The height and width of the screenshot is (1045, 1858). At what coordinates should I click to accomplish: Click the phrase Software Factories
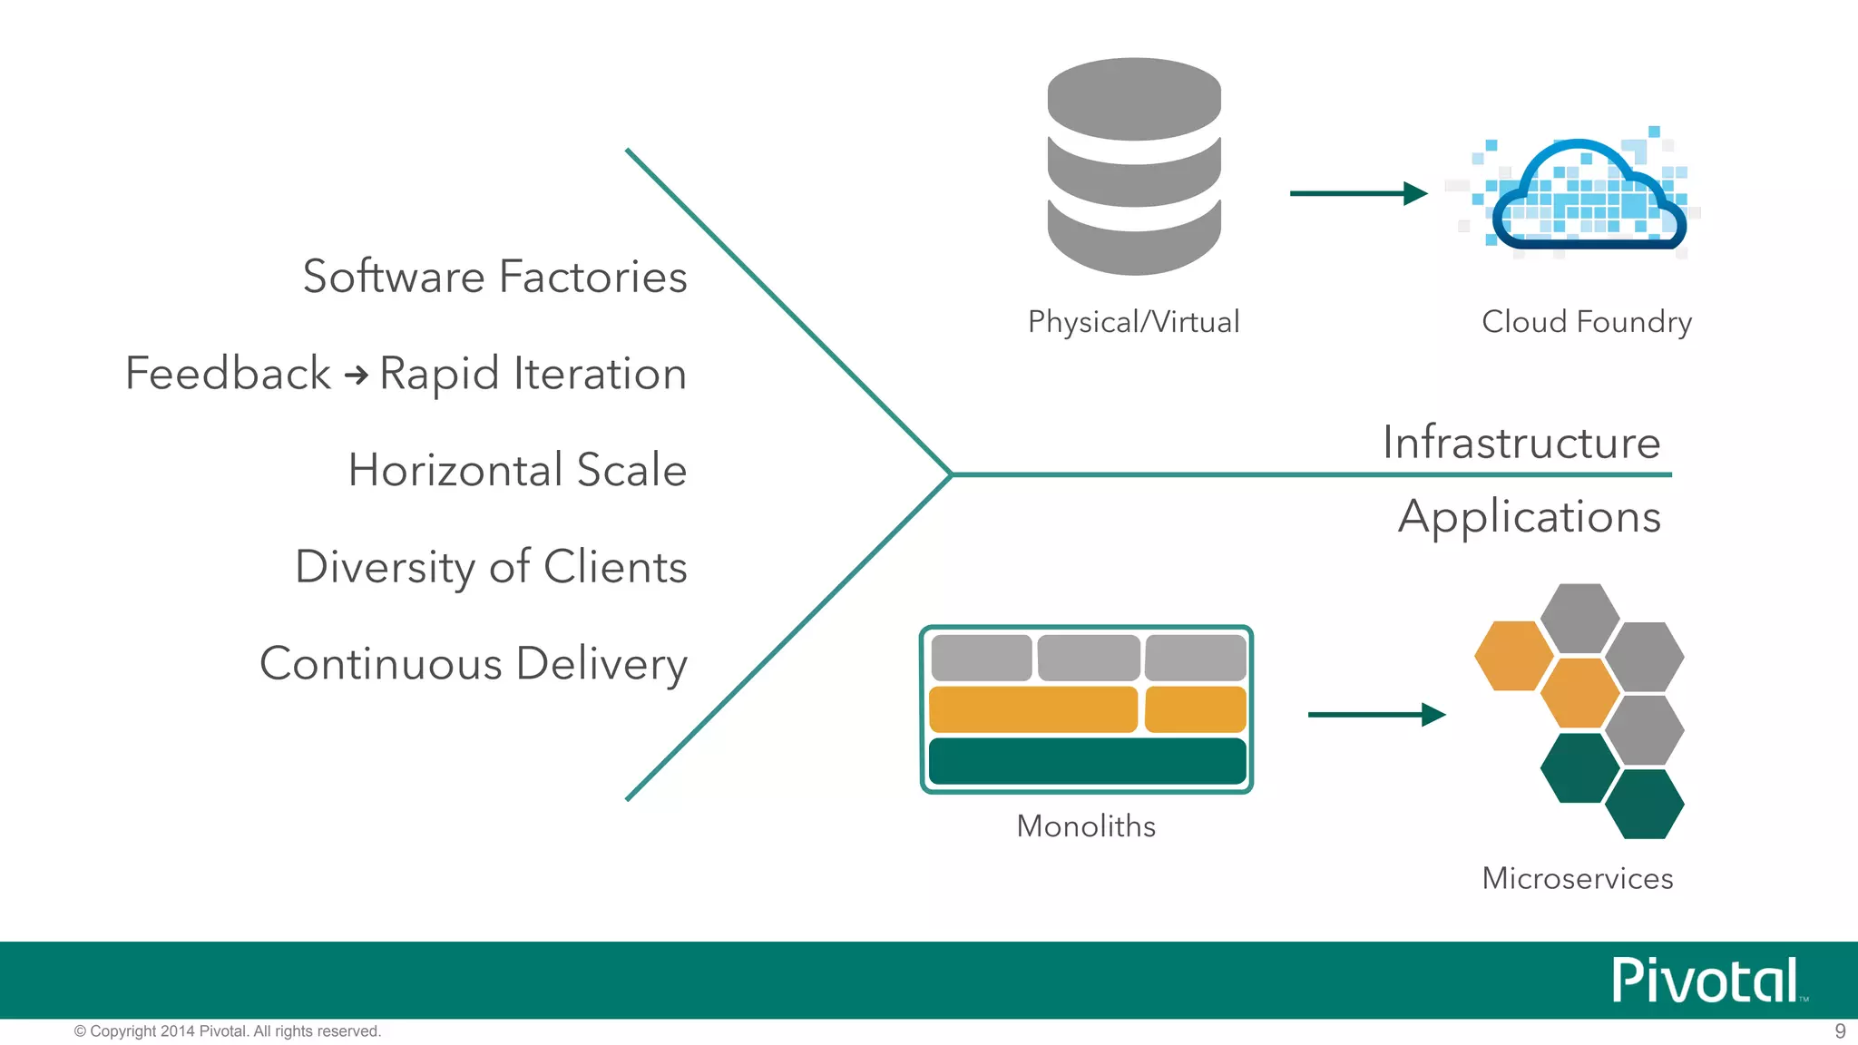(494, 277)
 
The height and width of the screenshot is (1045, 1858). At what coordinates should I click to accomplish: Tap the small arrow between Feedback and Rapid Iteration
(356, 375)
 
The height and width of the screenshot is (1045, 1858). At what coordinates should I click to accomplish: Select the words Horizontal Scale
(517, 470)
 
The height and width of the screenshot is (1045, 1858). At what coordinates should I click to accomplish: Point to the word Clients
(615, 567)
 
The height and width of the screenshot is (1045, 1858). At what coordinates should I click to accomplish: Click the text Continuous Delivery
(474, 664)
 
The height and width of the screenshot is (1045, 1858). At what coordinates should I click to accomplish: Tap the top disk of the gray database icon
(1134, 98)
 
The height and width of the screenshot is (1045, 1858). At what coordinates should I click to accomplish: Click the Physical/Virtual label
(1133, 322)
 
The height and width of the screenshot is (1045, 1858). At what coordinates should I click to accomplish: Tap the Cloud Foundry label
(1587, 322)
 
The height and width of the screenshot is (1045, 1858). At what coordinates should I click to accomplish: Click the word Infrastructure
(1521, 443)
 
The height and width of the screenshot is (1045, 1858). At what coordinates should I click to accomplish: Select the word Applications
(1530, 517)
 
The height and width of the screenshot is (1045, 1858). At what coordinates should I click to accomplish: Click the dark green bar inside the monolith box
(1087, 761)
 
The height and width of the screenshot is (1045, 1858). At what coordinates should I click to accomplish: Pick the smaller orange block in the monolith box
(1195, 709)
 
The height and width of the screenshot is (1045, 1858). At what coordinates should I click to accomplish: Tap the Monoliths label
(1086, 826)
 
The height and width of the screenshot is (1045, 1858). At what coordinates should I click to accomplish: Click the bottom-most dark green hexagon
(1644, 804)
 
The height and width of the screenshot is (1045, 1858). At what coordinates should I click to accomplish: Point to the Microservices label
(1578, 879)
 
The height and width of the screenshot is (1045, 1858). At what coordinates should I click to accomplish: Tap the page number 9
(1840, 1031)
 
